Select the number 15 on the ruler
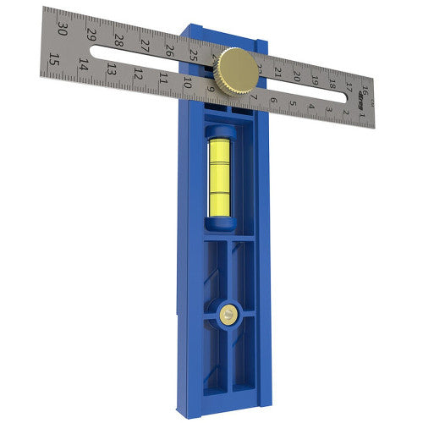(x=54, y=59)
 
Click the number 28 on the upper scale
(x=119, y=41)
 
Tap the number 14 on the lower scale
(x=83, y=65)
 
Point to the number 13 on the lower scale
(x=110, y=70)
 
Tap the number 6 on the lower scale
(x=272, y=102)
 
